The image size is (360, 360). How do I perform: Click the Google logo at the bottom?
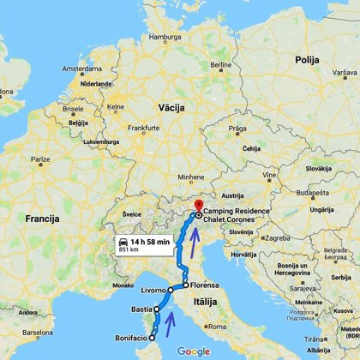(x=194, y=351)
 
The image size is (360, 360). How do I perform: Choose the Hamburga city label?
(x=166, y=38)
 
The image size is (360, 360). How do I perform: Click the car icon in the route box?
(x=125, y=243)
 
